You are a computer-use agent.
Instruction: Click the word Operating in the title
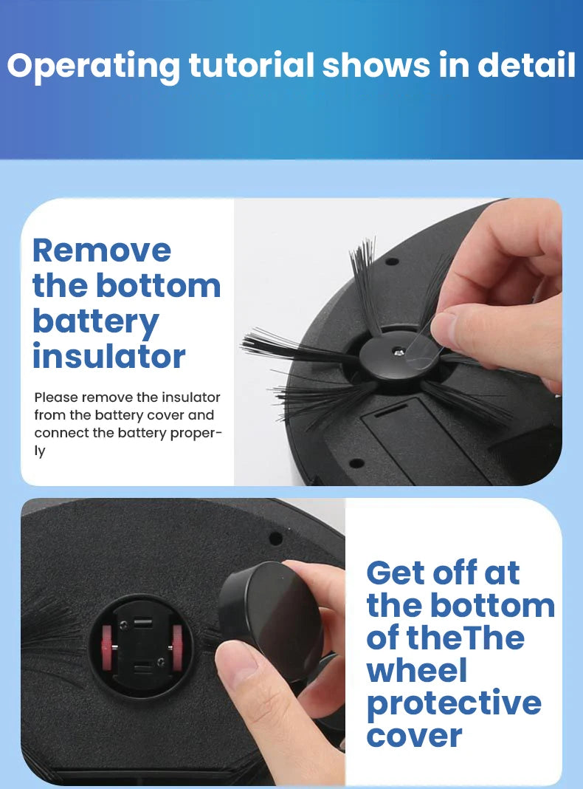92,66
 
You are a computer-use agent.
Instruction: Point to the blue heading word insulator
108,356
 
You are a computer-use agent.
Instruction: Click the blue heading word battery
96,322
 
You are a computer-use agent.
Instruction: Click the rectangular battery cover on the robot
421,443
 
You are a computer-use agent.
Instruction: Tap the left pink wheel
106,648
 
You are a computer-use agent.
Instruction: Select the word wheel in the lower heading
417,670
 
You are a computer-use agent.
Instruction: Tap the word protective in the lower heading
454,703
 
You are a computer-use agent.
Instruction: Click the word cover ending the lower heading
414,735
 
